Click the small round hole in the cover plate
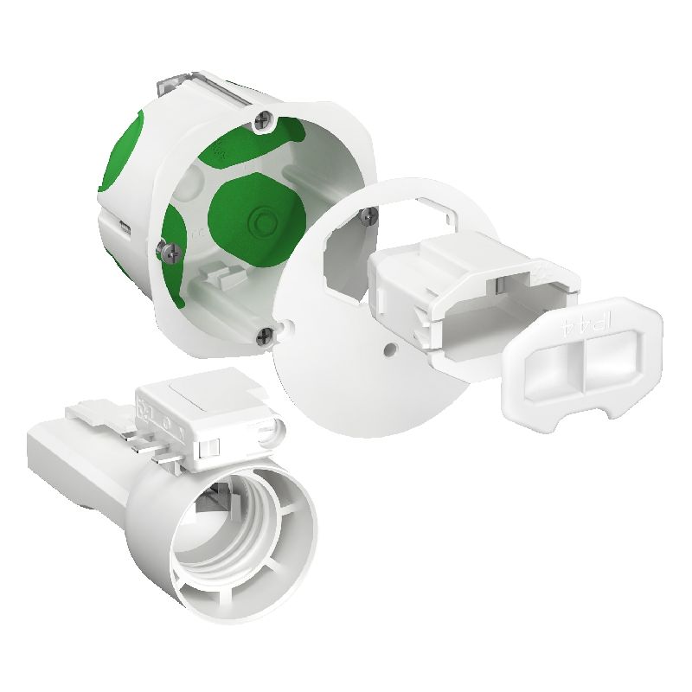point(392,345)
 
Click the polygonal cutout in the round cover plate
point(350,259)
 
